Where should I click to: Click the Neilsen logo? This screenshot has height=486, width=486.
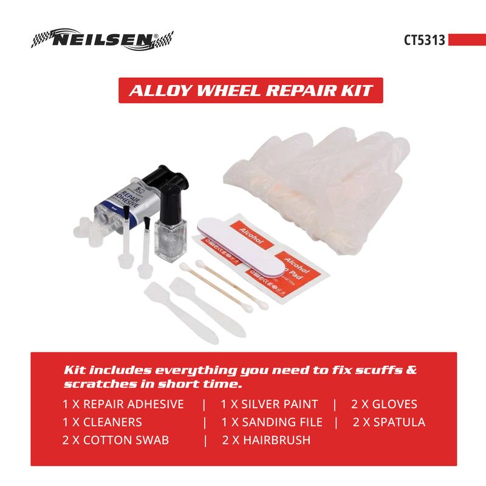tap(102, 39)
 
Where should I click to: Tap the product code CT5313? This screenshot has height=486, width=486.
tap(425, 39)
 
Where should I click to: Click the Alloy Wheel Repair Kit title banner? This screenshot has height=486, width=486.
tap(250, 90)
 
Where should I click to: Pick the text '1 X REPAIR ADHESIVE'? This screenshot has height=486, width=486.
tap(123, 404)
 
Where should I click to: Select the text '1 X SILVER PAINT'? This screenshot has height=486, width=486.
tap(269, 404)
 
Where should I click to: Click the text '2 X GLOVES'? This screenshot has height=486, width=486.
tap(384, 404)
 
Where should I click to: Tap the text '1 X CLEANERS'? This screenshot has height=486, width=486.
tap(102, 422)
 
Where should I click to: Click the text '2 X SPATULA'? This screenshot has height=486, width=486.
tap(389, 422)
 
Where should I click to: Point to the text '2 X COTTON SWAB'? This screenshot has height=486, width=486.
tap(115, 440)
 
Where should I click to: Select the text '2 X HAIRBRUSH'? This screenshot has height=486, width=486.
tap(267, 440)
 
